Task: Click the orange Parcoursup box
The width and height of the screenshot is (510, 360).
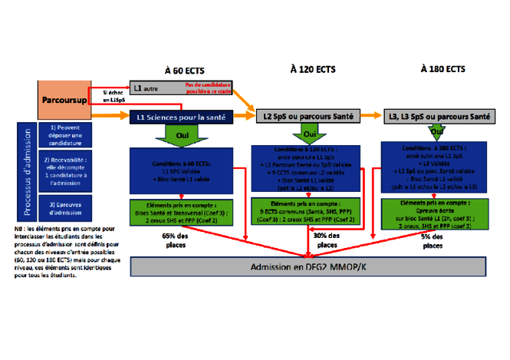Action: pyautogui.click(x=64, y=101)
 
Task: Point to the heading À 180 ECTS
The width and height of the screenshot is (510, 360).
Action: pyautogui.click(x=443, y=68)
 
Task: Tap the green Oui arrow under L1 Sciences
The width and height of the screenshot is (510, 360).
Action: pyautogui.click(x=182, y=136)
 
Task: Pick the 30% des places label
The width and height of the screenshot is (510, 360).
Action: pyautogui.click(x=327, y=239)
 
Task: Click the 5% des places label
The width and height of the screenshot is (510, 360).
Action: pyautogui.click(x=432, y=241)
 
